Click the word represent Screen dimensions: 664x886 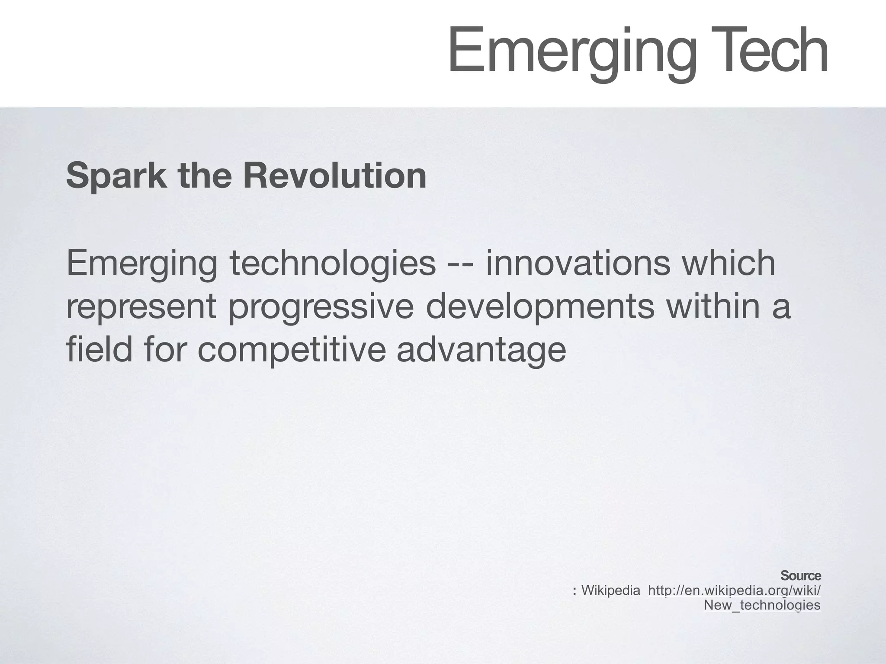[141, 308]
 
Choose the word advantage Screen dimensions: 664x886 [481, 350]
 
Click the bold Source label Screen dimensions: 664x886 [800, 576]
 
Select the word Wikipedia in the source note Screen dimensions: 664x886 [610, 590]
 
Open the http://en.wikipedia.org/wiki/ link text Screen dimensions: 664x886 [734, 590]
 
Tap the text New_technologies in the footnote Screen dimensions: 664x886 [762, 605]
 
